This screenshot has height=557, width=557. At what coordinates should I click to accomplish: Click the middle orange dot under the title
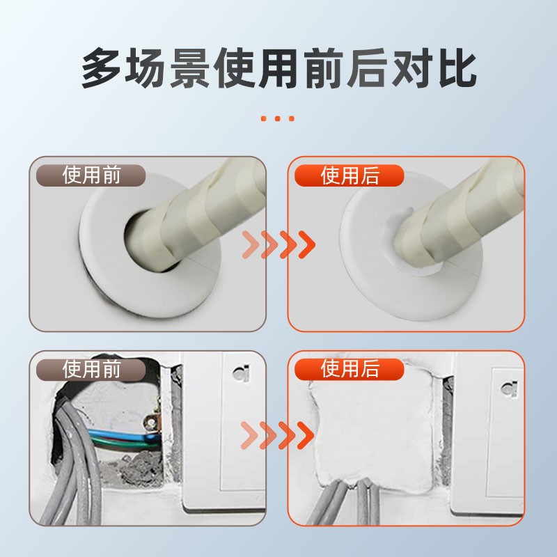(278, 118)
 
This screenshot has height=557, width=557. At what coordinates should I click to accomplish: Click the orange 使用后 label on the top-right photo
(350, 176)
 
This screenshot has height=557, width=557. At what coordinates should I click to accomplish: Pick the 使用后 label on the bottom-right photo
(350, 368)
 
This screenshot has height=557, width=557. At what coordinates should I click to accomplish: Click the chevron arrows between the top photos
(278, 243)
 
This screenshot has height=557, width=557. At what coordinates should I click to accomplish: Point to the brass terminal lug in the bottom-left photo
(150, 422)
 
